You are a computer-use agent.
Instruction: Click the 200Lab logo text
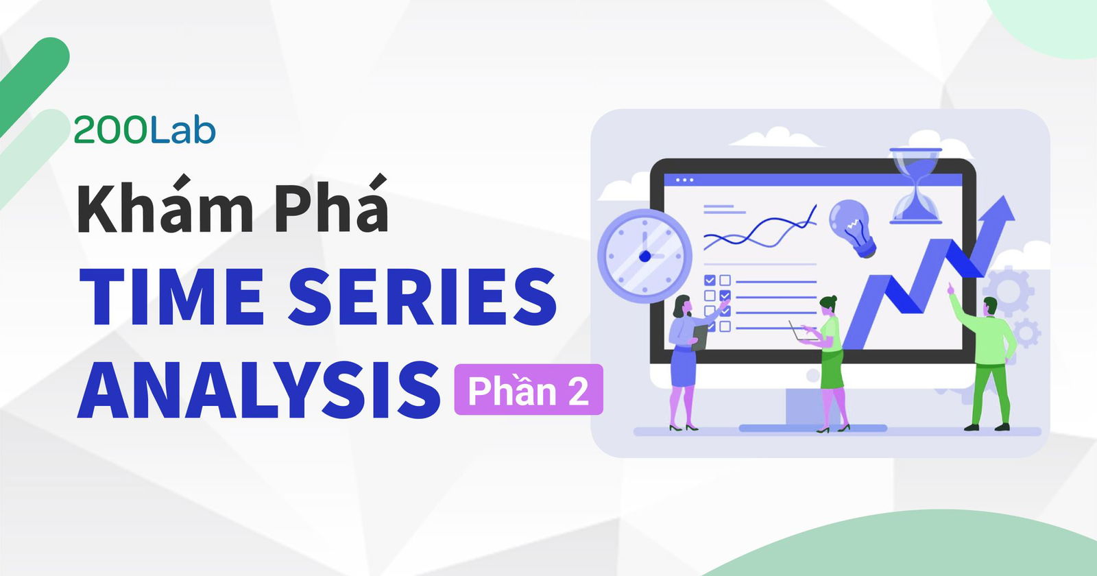(144, 130)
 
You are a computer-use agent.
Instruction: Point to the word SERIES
(422, 297)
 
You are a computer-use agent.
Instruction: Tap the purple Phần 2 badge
(528, 390)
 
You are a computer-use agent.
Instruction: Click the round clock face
(644, 256)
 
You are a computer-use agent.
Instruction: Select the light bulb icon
(852, 226)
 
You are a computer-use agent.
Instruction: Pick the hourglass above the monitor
(915, 185)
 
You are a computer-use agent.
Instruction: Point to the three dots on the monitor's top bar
(684, 180)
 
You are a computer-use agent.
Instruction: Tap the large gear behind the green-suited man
(1011, 288)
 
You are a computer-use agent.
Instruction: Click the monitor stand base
(812, 427)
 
